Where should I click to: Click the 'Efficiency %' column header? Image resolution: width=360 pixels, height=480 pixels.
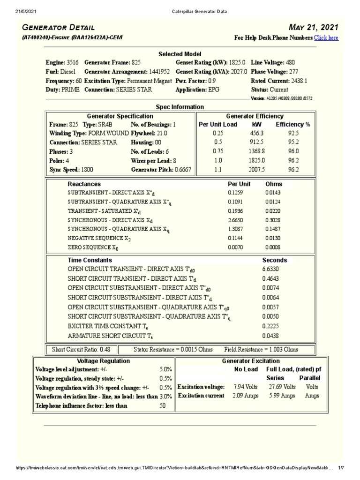[293, 124]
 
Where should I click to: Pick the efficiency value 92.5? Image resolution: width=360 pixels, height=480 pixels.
[293, 133]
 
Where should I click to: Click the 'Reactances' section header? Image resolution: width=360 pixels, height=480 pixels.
[84, 184]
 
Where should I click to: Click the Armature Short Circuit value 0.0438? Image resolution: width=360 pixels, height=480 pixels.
[271, 336]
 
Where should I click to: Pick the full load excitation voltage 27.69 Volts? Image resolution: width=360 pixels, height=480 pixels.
[282, 387]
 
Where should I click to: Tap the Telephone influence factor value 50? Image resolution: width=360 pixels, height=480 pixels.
[163, 406]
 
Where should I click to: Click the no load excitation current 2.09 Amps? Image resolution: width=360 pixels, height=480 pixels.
[245, 396]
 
